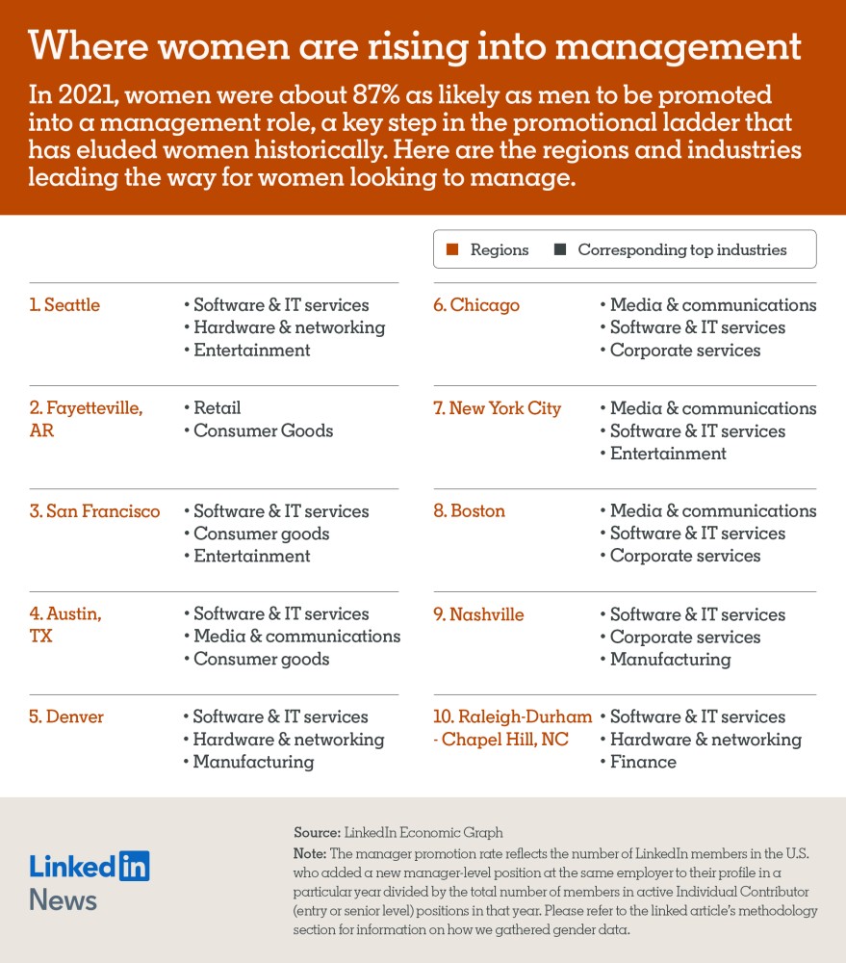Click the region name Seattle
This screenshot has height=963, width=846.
pos(64,305)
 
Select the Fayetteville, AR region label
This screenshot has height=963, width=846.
pos(86,419)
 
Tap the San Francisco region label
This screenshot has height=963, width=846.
pos(94,511)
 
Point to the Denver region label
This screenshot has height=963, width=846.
pos(66,717)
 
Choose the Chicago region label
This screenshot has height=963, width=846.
pos(476,305)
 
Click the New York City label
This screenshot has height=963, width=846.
pos(497,408)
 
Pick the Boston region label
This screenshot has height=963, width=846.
pos(469,511)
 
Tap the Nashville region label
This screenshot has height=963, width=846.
pos(478,614)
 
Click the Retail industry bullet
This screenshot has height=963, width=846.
pos(217,408)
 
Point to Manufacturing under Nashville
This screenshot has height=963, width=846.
pos(670,660)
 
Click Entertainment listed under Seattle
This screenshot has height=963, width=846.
pos(251,351)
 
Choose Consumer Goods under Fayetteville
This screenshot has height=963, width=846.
pos(263,430)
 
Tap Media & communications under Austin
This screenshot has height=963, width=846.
pos(296,637)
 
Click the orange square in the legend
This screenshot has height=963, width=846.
pos(452,250)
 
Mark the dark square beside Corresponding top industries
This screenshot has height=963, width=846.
pos(560,250)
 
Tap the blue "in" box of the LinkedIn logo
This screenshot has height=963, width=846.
pos(134,866)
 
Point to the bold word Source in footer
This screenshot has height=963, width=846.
pos(317,833)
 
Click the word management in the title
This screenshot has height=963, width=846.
pos(675,46)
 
